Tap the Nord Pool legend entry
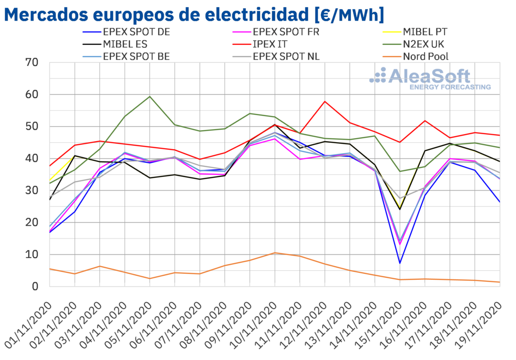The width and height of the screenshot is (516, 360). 425,56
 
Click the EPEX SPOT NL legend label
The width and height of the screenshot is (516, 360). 286,56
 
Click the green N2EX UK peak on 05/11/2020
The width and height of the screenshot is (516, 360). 150,96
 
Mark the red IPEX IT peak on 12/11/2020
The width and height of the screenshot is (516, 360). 325,101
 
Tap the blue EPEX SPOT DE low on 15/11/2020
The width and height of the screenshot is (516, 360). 400,263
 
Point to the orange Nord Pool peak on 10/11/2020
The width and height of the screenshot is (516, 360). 275,253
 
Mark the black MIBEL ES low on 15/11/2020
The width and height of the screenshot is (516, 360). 400,209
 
